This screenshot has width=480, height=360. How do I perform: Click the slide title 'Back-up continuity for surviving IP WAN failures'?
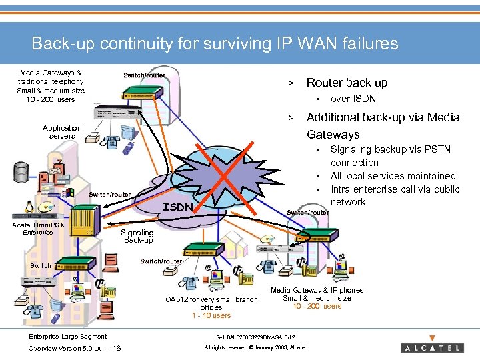point(215,44)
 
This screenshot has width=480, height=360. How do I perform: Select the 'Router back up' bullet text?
point(347,83)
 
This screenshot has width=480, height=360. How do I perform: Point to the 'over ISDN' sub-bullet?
point(353,99)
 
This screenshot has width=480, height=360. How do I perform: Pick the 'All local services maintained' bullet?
point(393,176)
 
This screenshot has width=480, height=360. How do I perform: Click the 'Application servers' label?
point(62,132)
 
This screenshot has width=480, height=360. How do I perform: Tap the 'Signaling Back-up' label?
point(138,236)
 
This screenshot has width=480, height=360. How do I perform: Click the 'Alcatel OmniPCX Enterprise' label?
point(38,229)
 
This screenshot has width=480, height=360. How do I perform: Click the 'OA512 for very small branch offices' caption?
point(211,303)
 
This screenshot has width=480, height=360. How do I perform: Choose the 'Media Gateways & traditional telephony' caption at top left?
point(51,77)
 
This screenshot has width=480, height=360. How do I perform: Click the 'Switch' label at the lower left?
point(41,265)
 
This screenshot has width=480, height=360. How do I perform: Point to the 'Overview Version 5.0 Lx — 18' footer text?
point(74,348)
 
